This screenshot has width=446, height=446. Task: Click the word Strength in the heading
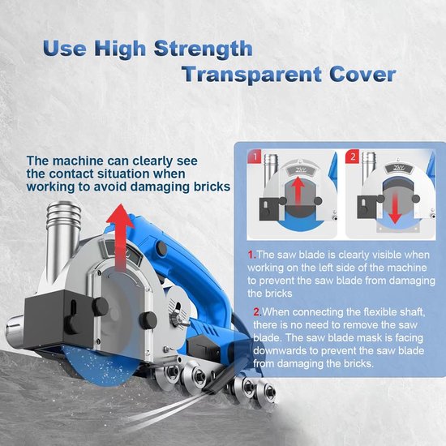click(203, 49)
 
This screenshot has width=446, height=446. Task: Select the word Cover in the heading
click(362, 75)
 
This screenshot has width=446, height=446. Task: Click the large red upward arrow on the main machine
click(120, 237)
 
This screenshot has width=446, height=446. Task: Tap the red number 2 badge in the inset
click(353, 157)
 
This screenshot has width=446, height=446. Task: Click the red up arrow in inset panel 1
click(298, 191)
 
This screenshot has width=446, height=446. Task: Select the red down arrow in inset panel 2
click(395, 207)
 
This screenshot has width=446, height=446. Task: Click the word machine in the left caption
click(76, 161)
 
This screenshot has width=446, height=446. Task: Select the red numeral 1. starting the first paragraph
click(252, 255)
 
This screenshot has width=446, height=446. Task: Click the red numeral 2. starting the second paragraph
click(257, 312)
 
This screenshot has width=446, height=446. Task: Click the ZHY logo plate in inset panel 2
click(398, 169)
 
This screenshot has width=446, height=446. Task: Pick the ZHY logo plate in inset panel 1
click(301, 169)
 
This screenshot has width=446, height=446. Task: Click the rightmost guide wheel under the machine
click(266, 393)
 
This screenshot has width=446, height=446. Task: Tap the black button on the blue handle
click(161, 247)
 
